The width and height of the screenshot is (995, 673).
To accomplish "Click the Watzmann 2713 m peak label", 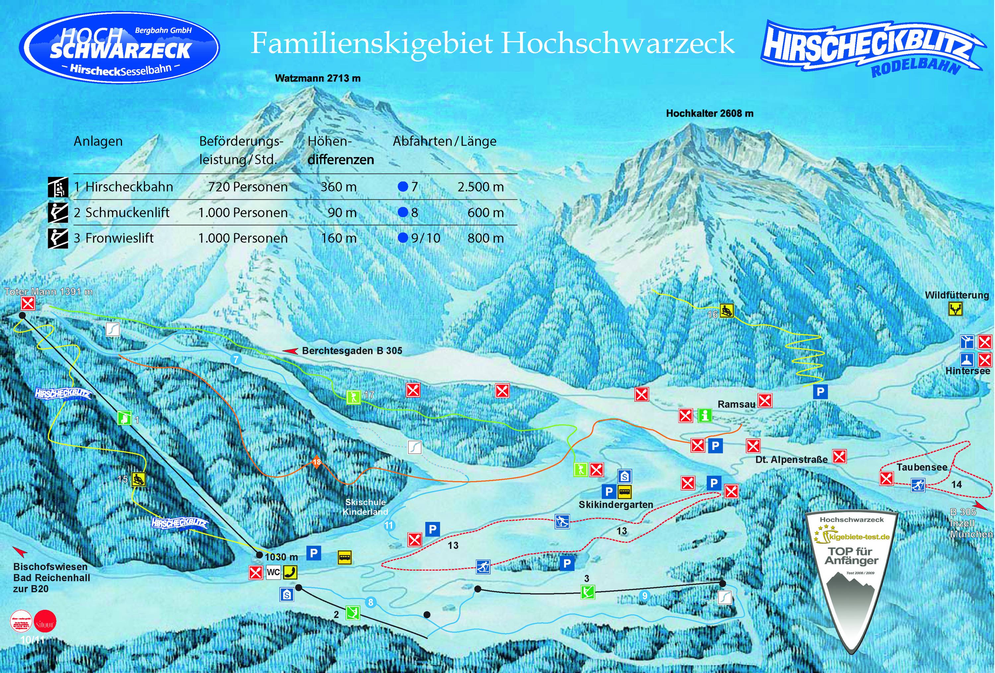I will pos(318,78).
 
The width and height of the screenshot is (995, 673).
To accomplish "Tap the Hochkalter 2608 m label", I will pos(709,113).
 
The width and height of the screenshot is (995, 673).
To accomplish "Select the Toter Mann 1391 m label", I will pos(48,292).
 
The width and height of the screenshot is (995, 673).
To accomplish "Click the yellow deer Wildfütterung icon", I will pos(955,309).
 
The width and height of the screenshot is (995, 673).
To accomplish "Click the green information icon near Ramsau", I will pos(705,415).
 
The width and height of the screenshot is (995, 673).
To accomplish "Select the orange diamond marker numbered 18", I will pos(316,462).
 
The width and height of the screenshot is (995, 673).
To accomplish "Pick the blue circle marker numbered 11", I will pos(389,526).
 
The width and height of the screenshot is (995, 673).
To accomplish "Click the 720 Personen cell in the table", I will pos(248,187).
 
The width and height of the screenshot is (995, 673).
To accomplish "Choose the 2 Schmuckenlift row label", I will pos(122,213).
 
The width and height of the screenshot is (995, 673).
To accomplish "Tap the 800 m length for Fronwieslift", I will pos(486,238).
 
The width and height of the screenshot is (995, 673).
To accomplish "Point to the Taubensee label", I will pos(922,467).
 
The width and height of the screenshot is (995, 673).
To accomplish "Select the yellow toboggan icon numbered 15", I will pos(139,479).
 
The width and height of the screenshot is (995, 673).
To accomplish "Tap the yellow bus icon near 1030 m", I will pos(345,557).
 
